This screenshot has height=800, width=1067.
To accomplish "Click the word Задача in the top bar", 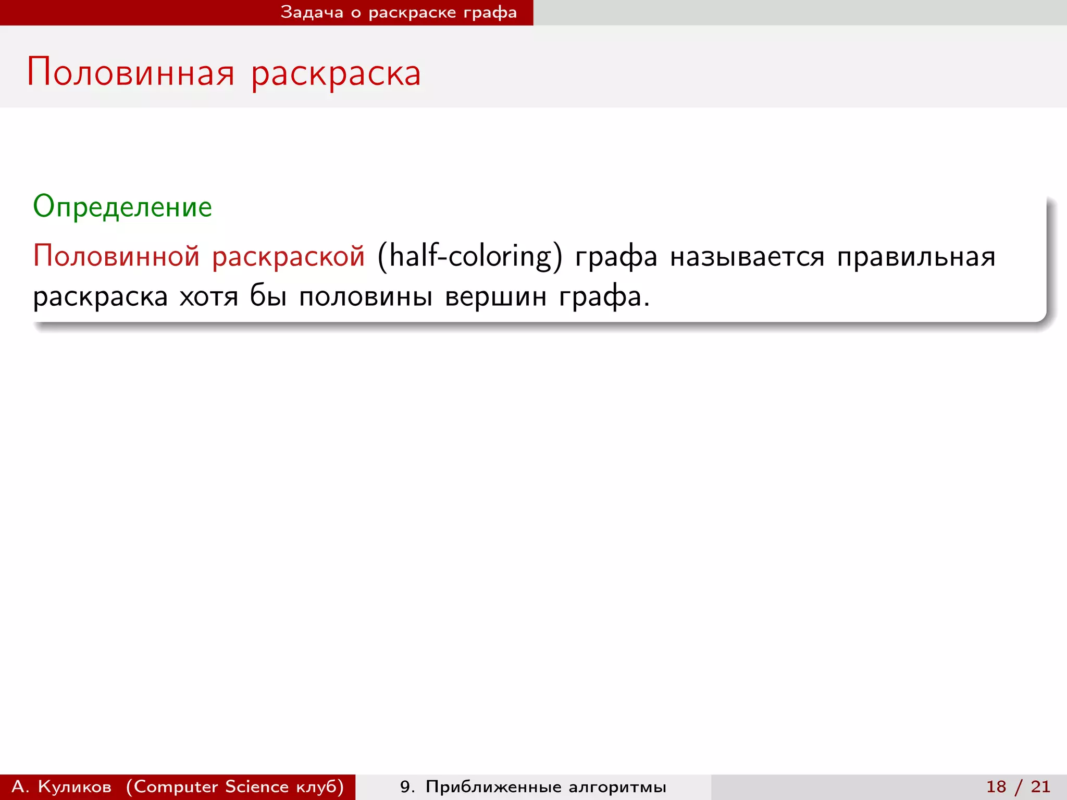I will click(x=312, y=12).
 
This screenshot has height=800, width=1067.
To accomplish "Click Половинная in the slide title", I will click(x=131, y=72).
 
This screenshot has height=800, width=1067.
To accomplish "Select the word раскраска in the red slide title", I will click(x=336, y=73).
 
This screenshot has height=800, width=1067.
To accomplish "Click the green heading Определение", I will click(x=122, y=207).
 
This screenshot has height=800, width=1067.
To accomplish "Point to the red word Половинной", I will click(x=116, y=256).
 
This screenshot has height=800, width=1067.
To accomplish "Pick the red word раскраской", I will click(x=288, y=257).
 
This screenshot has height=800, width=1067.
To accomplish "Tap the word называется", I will click(x=747, y=257).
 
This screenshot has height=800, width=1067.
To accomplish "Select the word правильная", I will click(x=916, y=257).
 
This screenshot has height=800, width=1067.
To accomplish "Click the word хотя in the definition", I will click(x=208, y=297).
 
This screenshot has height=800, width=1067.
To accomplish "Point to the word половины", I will click(x=365, y=297).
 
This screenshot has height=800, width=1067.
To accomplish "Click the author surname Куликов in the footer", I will click(x=75, y=786).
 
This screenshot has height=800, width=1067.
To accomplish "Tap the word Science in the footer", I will click(x=257, y=786).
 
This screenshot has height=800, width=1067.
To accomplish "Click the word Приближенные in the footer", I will click(x=493, y=787).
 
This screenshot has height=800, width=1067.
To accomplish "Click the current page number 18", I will click(x=996, y=786).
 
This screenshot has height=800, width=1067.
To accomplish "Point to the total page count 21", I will click(x=1040, y=786).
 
